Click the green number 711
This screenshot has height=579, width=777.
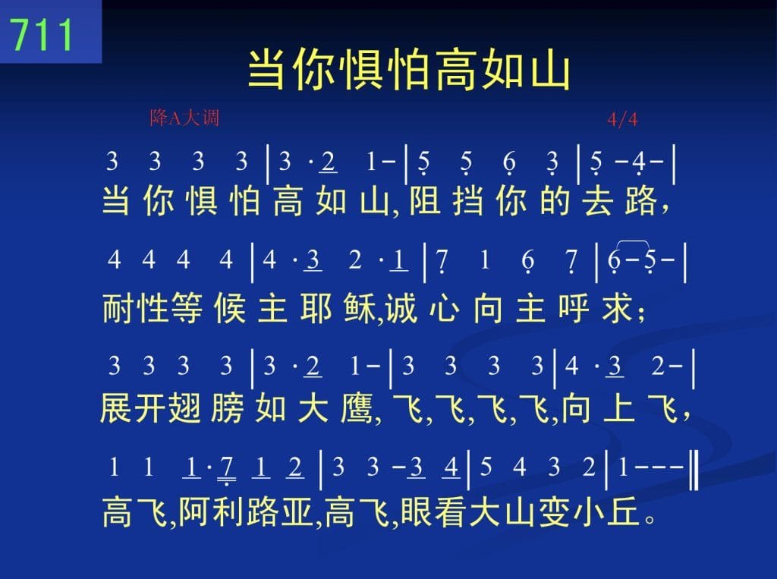pyautogui.click(x=42, y=35)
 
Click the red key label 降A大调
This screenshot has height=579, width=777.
pyautogui.click(x=184, y=118)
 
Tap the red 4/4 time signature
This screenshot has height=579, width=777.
pyautogui.click(x=622, y=119)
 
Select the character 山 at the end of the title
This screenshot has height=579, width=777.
pyautogui.click(x=549, y=69)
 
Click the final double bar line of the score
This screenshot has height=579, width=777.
pyautogui.click(x=695, y=467)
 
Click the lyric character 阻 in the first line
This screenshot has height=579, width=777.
pyautogui.click(x=425, y=201)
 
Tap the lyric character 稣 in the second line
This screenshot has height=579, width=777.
pyautogui.click(x=359, y=308)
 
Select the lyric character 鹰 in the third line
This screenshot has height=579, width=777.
pyautogui.click(x=357, y=409)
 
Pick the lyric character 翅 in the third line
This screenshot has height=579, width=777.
pyautogui.click(x=184, y=409)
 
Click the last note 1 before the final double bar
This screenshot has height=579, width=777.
pyautogui.click(x=624, y=467)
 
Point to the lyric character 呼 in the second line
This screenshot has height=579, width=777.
pyautogui.click(x=574, y=308)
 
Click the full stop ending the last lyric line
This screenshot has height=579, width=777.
pyautogui.click(x=650, y=519)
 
